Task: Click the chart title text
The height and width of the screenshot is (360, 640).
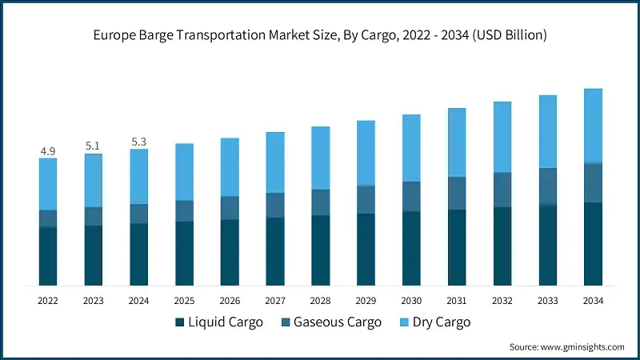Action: [x=320, y=34]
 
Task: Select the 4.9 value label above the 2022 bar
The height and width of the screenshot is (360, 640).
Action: [x=48, y=150]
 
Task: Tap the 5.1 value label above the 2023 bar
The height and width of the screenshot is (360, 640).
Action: [x=94, y=146]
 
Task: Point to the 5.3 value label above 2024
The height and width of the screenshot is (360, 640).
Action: [x=139, y=142]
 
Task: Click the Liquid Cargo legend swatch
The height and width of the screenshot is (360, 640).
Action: [x=179, y=322]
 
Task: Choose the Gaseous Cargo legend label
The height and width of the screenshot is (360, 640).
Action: [x=336, y=322]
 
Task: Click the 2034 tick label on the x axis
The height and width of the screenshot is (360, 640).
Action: [x=593, y=300]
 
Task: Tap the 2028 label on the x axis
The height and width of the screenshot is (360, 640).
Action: [x=321, y=300]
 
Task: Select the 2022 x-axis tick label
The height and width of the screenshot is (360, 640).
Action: [x=48, y=300]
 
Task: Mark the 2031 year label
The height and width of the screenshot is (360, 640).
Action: [x=457, y=300]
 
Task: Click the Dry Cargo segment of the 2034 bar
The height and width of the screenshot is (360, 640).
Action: [x=593, y=126]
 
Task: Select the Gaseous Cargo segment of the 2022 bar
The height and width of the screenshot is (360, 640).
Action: [x=48, y=218]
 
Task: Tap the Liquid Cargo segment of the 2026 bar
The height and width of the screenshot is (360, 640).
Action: [x=230, y=252]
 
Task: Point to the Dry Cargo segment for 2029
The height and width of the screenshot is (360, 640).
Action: [x=366, y=153]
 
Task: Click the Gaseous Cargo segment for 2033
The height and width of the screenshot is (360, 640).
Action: [x=547, y=186]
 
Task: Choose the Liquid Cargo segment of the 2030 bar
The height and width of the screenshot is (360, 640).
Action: [x=411, y=248]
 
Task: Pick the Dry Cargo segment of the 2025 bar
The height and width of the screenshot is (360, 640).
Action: [x=184, y=172]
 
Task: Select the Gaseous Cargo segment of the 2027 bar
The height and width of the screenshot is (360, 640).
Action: [x=275, y=205]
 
